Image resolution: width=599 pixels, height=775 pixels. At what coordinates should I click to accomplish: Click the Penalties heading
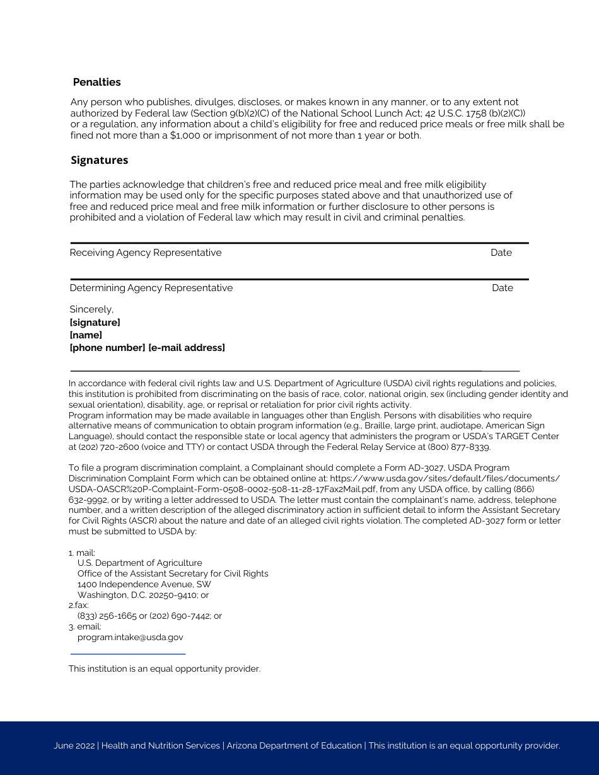pos(96,83)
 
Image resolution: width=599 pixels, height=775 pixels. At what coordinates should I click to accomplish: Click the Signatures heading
pos(99,160)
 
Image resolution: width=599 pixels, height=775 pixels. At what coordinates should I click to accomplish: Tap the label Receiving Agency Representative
pos(146,253)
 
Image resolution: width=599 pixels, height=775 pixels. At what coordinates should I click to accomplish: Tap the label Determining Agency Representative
pos(151,288)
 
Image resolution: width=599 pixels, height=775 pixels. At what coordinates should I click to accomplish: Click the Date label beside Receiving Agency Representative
pos(501,253)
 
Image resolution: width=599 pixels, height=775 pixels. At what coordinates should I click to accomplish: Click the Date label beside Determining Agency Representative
pos(503,288)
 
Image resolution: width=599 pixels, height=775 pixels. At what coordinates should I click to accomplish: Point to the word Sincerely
pos(91,309)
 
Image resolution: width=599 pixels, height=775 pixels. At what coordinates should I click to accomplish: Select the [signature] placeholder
pos(95,323)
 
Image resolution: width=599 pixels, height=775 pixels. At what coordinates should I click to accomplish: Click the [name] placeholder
pos(86,335)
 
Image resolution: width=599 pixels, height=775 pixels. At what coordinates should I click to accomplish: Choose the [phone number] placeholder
pos(107,348)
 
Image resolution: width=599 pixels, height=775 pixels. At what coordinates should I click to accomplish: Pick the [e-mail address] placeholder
pos(187,348)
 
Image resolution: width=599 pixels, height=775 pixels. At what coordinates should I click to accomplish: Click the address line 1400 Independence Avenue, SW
pos(144,584)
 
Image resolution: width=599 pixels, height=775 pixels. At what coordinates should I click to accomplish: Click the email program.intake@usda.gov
pos(131,637)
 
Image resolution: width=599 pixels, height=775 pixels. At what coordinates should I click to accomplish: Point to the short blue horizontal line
pos(127,654)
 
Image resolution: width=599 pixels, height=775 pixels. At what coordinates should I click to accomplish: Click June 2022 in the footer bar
pos(74,746)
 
